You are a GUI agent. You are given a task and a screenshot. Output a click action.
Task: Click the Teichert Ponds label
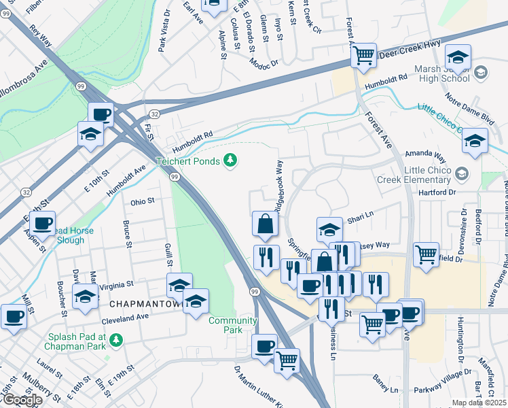187,161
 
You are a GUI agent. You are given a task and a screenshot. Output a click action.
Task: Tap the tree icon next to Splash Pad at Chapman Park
116,339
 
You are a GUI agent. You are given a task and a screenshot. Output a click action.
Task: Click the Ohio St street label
143,201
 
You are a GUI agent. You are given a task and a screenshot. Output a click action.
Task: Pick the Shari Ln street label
361,219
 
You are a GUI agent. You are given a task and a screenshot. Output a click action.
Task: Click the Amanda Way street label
424,154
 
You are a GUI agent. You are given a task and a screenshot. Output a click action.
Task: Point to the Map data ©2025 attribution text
479,403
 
